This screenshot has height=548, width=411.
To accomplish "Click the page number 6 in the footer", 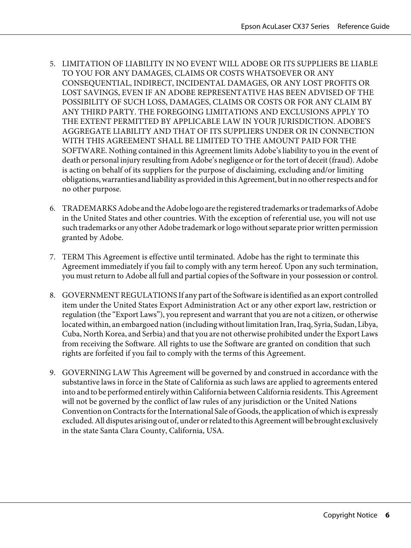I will point(387,515).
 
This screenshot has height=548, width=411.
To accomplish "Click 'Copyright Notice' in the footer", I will point(350,515).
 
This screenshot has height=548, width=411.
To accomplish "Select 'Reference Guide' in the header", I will point(363,26).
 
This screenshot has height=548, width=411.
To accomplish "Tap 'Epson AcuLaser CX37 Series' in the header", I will point(285,26).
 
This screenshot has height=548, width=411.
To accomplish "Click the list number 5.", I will point(52,64).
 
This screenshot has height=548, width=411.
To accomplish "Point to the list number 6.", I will point(52,209).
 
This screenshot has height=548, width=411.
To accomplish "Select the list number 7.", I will point(52,257).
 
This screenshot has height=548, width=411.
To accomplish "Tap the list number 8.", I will point(52,296).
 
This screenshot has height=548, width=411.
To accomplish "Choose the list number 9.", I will point(52,373).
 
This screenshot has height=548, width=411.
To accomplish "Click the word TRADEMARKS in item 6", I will point(89,209).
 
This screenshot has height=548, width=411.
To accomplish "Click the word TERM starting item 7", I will point(73,257).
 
